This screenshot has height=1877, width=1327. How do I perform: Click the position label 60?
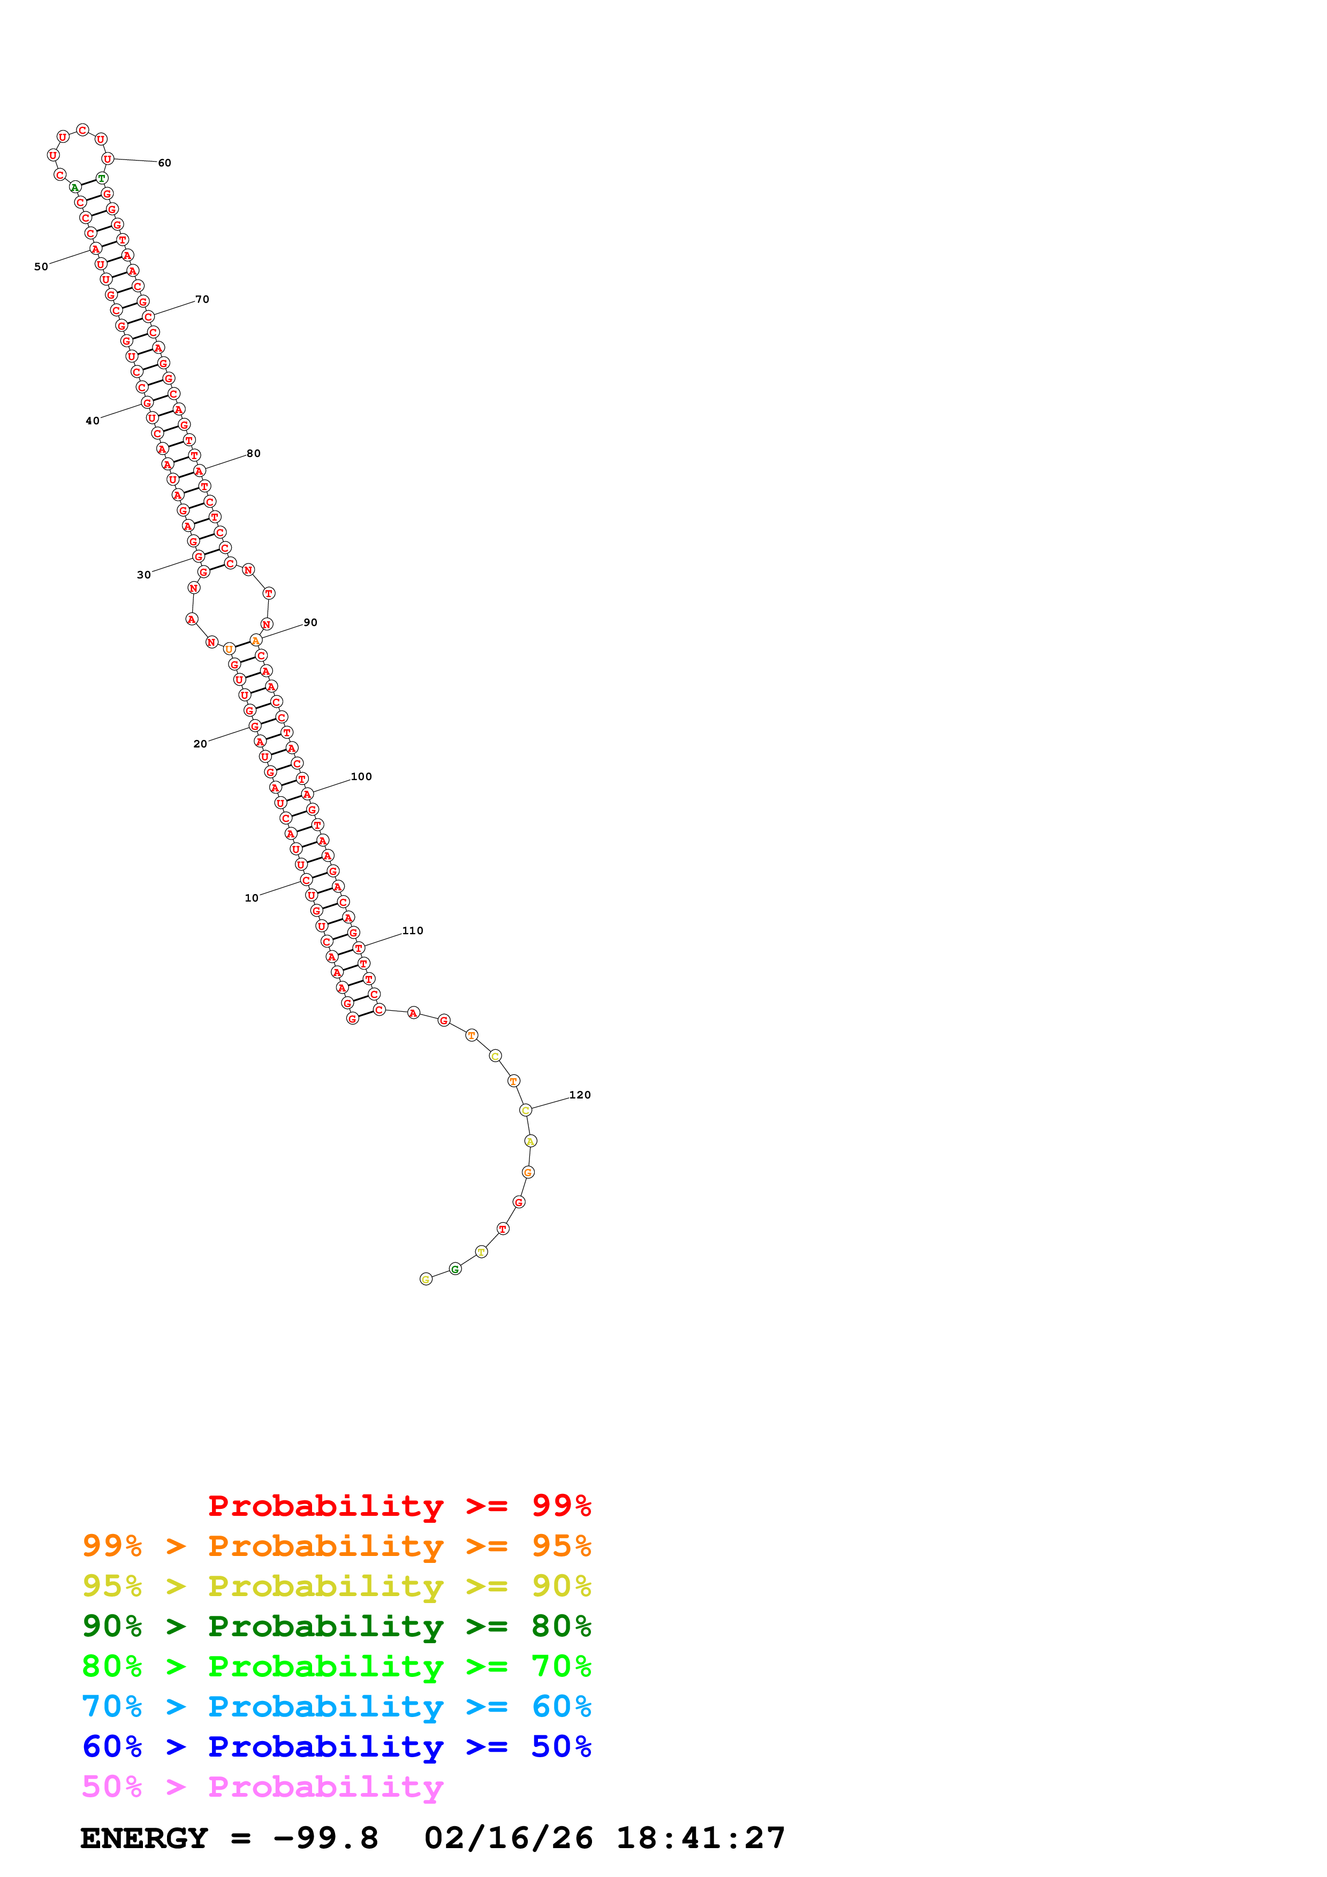tap(164, 163)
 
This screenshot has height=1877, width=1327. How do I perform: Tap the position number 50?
tap(41, 266)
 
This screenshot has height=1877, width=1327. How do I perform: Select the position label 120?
tap(580, 1095)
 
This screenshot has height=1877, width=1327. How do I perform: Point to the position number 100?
tap(361, 776)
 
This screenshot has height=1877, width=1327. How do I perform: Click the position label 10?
tap(251, 898)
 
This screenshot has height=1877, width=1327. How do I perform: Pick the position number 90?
tap(310, 622)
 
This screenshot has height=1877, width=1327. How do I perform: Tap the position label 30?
tap(144, 575)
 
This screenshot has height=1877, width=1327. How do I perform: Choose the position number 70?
tap(202, 299)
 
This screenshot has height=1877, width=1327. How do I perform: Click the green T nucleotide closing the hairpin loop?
tap(101, 178)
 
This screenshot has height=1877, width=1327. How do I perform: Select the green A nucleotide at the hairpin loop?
tap(74, 187)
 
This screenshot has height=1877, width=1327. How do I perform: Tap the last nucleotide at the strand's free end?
tap(425, 1279)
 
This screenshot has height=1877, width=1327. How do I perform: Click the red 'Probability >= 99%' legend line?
tap(399, 1506)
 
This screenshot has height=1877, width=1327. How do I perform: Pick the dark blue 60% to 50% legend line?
tap(336, 1746)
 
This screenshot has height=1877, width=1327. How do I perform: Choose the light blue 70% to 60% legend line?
tap(336, 1706)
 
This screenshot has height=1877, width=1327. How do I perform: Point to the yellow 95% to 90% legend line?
tap(336, 1586)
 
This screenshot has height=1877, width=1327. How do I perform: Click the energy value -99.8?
tap(325, 1838)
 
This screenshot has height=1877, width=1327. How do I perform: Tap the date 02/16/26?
tap(509, 1838)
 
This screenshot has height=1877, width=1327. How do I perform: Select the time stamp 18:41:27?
tap(701, 1838)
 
